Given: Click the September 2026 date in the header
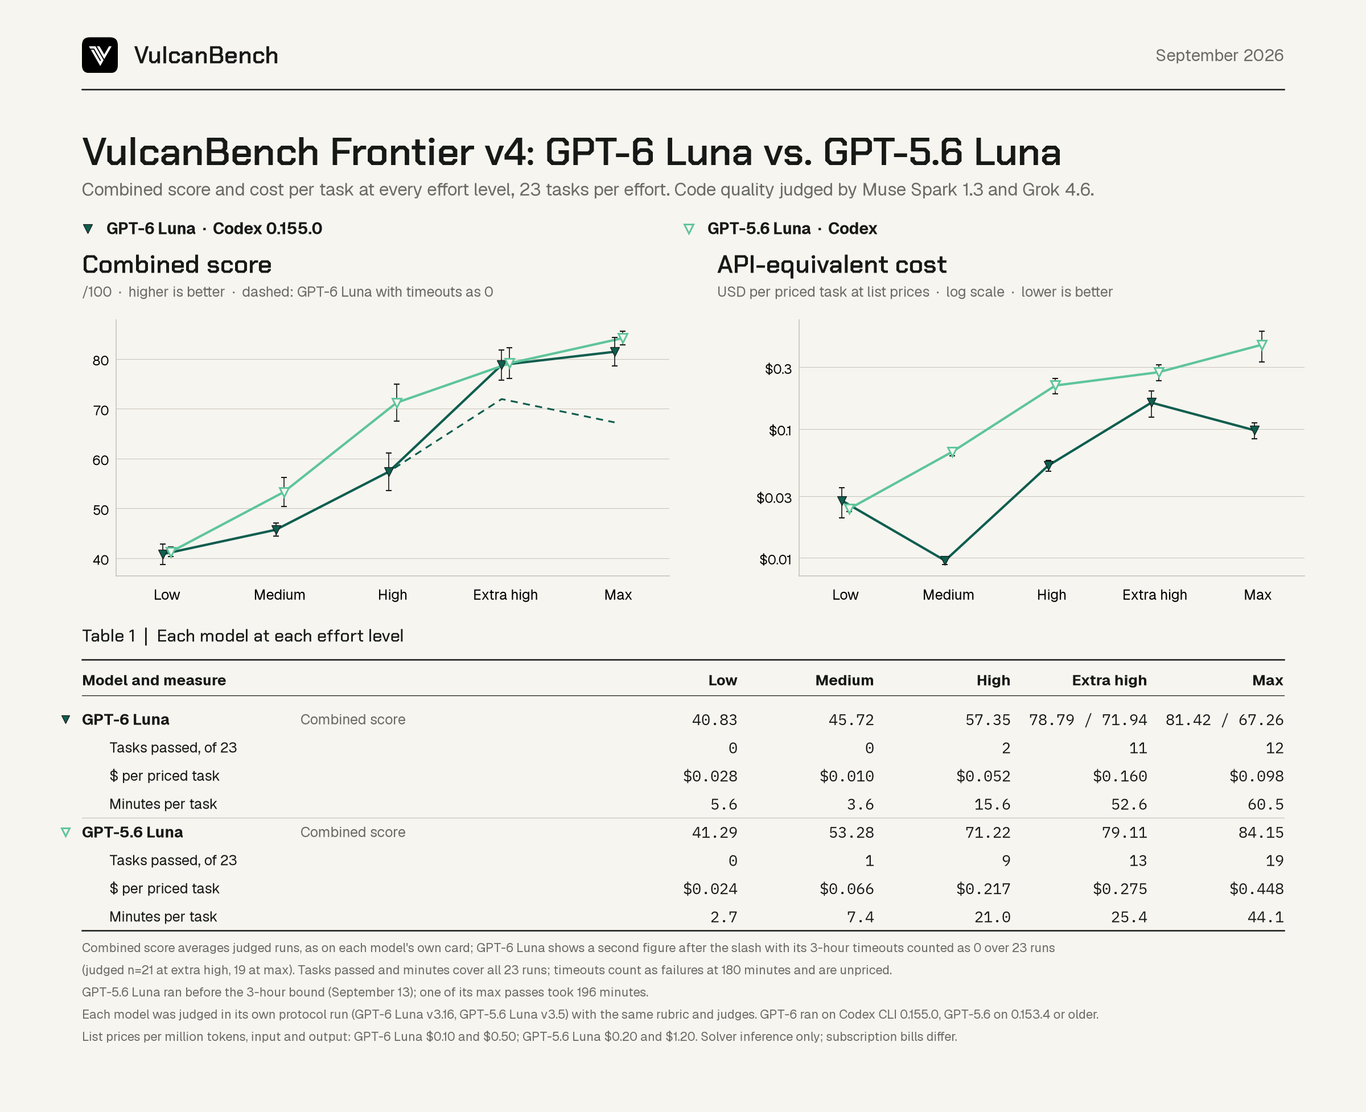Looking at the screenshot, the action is coord(1219,56).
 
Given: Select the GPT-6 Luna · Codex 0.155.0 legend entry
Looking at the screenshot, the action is coord(203,229).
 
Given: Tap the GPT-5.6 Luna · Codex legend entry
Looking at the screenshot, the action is coord(780,229).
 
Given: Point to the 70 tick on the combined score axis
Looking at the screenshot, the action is coord(101,410).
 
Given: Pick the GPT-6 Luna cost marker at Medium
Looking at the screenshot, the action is coord(944,561).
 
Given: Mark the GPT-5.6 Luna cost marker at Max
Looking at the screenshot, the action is coord(1262,345).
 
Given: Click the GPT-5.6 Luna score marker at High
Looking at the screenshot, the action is coord(397,403).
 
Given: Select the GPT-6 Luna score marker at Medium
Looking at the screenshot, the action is coord(276,530).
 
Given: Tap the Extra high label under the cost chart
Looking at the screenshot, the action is coord(1155,595).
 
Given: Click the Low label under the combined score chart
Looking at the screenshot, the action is coord(167,595).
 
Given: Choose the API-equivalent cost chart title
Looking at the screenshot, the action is coord(832,265).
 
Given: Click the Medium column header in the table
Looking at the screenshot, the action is coord(845,680).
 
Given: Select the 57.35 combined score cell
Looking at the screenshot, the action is coord(988,720).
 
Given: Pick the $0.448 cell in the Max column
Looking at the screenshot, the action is coord(1257,889).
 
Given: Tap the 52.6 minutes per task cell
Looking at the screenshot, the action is coord(1129,805).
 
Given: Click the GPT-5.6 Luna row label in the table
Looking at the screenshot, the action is coord(133,832).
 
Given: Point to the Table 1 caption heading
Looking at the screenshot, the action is coord(243,636).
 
